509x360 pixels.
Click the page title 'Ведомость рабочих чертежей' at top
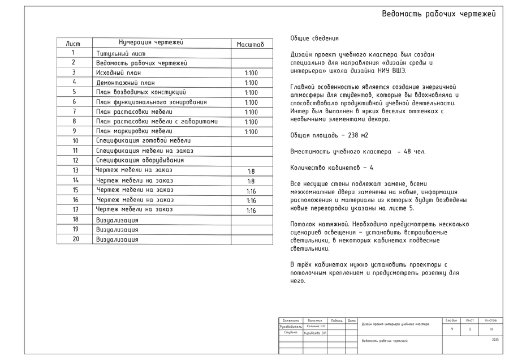click(438, 14)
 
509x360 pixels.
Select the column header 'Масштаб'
click(250, 44)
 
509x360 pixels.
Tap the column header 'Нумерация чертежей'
click(151, 42)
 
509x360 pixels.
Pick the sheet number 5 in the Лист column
click(74, 92)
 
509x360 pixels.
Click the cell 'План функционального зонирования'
click(151, 102)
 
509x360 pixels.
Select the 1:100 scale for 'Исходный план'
click(251, 73)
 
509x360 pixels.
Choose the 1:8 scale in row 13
click(251, 171)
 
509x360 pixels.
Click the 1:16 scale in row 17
click(251, 211)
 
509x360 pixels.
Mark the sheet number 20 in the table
click(75, 239)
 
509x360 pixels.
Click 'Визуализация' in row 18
click(117, 220)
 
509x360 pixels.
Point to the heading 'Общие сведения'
click(314, 38)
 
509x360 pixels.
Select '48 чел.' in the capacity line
click(415, 152)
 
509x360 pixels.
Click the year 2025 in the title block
click(495, 340)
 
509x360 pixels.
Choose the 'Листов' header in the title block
click(490, 320)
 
